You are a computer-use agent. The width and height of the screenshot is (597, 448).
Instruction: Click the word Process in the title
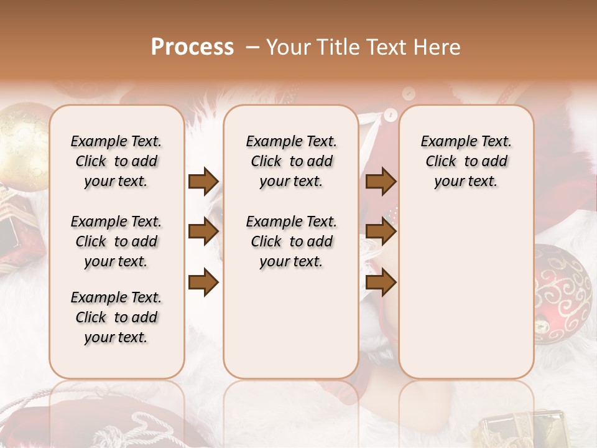click(x=192, y=47)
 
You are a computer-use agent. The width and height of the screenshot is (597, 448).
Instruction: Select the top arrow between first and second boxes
click(x=203, y=182)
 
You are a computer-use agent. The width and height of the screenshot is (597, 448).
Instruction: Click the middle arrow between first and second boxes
click(x=203, y=232)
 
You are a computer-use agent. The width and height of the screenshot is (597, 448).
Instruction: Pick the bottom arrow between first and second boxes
click(x=203, y=282)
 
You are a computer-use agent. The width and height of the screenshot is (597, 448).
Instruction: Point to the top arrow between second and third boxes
click(x=381, y=182)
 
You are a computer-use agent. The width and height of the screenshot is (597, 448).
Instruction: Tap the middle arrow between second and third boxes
click(x=381, y=232)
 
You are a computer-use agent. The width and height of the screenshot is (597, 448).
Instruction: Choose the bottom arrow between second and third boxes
click(x=381, y=282)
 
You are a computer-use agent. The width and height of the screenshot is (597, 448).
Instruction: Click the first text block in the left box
click(x=116, y=161)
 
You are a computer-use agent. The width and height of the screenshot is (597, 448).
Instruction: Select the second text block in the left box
click(x=116, y=241)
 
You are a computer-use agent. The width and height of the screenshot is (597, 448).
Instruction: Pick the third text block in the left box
click(x=116, y=317)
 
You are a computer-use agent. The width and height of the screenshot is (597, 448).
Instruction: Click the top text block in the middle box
click(x=291, y=161)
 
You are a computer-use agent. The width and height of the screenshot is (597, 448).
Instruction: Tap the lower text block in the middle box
click(x=291, y=241)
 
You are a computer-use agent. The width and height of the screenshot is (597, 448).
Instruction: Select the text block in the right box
click(x=466, y=161)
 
